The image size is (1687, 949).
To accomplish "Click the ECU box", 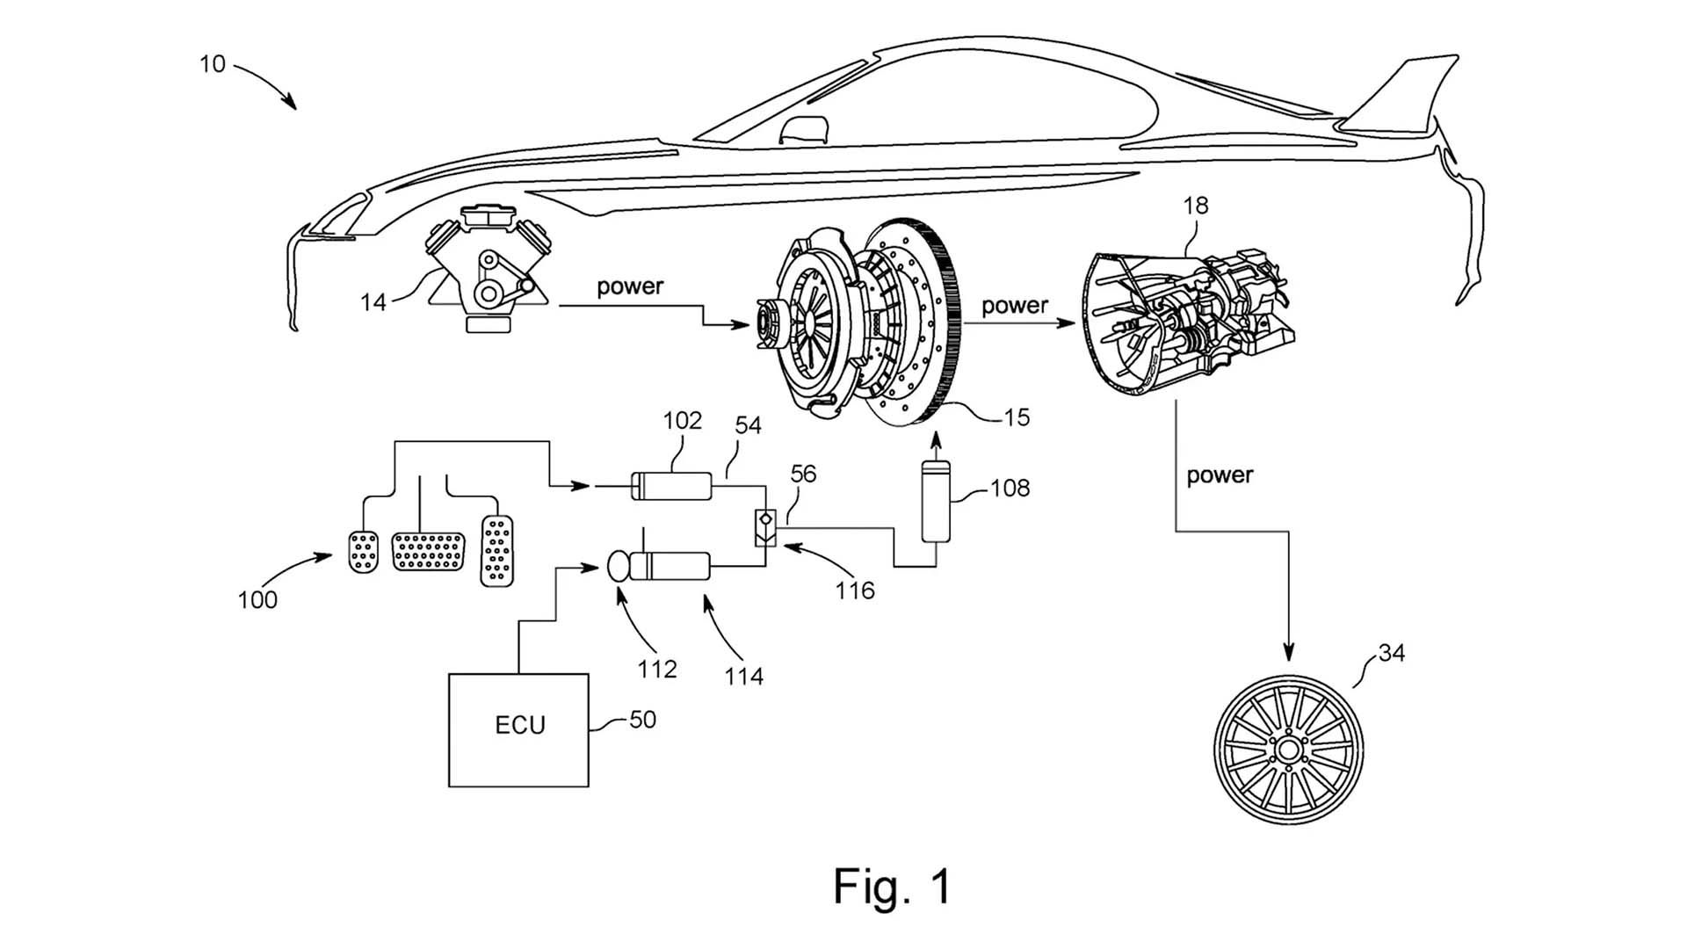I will click(x=518, y=729).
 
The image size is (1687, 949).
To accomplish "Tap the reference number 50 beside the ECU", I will click(x=642, y=720).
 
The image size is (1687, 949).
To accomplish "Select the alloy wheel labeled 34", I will click(x=1288, y=750).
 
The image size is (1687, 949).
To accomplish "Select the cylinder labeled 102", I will click(x=672, y=485).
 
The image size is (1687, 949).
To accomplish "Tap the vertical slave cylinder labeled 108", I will click(x=936, y=501).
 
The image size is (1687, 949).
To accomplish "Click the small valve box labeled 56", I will click(x=766, y=527).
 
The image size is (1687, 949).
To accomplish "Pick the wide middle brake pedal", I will click(x=428, y=551).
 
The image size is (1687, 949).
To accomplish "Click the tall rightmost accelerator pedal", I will click(x=497, y=551).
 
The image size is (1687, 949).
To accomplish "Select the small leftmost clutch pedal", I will click(x=363, y=552).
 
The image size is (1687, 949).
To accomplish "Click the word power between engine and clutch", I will click(x=630, y=286).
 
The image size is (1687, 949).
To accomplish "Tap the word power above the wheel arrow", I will click(x=1220, y=475).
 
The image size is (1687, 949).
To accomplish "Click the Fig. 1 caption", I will click(x=892, y=886).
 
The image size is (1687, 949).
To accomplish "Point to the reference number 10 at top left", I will click(x=212, y=64).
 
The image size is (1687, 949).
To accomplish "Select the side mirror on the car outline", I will click(x=805, y=128).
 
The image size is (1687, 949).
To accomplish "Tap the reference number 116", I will click(x=855, y=590).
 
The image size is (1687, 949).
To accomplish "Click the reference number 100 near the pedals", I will click(x=257, y=600).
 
